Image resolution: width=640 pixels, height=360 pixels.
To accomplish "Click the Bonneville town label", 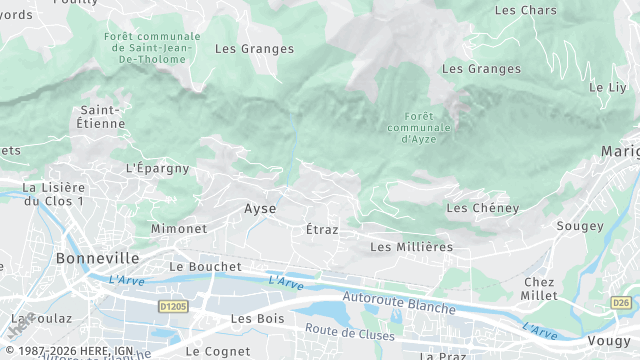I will pyautogui.click(x=69, y=257).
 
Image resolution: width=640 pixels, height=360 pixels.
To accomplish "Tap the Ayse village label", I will pyautogui.click(x=260, y=209).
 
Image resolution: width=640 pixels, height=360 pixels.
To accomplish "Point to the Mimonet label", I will pyautogui.click(x=178, y=229).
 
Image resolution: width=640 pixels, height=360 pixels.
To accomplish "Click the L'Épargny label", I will pyautogui.click(x=158, y=168).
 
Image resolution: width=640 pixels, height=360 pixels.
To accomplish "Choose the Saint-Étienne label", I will pyautogui.click(x=102, y=116).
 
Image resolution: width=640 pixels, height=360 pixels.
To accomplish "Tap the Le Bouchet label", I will pyautogui.click(x=206, y=267).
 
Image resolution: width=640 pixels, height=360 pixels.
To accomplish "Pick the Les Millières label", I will pyautogui.click(x=411, y=246).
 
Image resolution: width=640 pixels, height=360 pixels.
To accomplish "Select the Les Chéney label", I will pyautogui.click(x=482, y=208).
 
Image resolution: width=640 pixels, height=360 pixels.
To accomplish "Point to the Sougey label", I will pyautogui.click(x=580, y=227).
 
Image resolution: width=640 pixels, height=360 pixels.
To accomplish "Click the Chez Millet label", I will pyautogui.click(x=539, y=289).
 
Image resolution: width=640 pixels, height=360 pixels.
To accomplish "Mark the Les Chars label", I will pyautogui.click(x=525, y=10).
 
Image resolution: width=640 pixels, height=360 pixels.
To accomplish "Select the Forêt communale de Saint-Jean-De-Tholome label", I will pyautogui.click(x=151, y=47).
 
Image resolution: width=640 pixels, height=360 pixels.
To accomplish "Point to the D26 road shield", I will pyautogui.click(x=621, y=302).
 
